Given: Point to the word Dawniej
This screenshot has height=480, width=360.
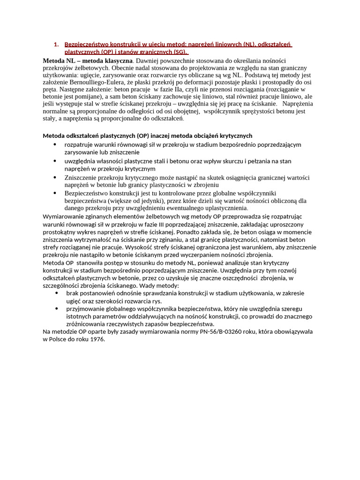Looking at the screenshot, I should point(149,61).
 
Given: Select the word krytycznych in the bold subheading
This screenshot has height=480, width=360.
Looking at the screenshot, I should point(236,135).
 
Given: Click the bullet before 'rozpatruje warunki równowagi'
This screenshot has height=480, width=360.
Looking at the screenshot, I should point(56,144).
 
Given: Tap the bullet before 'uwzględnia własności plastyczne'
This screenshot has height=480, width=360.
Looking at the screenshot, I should point(56,161).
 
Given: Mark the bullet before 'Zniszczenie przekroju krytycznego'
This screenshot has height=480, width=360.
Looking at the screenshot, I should point(56,177).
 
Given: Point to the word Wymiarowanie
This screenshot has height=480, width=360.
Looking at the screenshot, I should point(62,216).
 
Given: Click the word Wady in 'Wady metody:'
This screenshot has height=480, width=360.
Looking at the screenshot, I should point(144,285).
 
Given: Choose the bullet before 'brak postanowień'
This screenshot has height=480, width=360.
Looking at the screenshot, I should point(56,293).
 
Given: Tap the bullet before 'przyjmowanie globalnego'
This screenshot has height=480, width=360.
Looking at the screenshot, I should point(56,308).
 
